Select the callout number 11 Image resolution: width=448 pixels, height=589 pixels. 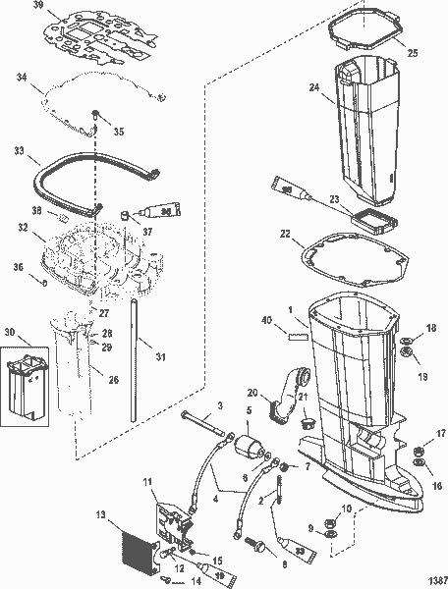coord(148,482)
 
